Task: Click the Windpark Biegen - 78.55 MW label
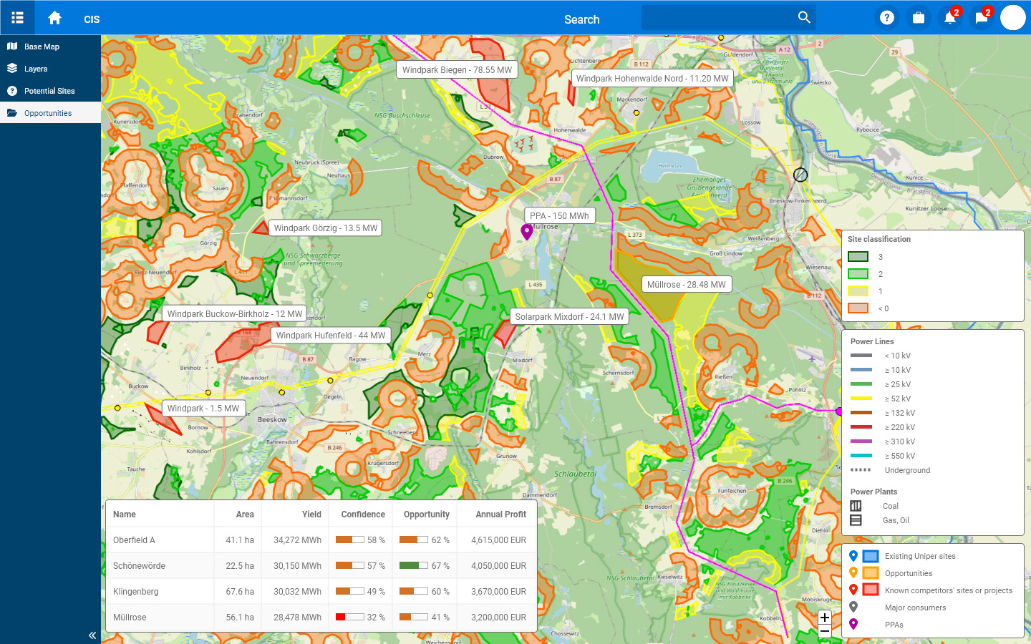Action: point(457,70)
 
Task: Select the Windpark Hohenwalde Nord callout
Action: point(652,79)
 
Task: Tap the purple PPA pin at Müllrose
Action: point(526,231)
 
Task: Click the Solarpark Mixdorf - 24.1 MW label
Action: point(569,317)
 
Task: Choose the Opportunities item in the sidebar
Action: point(48,113)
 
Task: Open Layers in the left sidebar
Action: point(36,69)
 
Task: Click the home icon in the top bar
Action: point(54,19)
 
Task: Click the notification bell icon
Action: point(949,18)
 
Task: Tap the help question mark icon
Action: point(886,18)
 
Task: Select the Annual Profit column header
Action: point(500,514)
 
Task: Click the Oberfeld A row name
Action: point(134,540)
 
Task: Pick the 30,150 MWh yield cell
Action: point(297,566)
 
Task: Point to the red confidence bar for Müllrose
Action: point(342,617)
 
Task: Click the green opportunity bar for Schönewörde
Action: point(410,565)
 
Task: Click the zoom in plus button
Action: point(825,618)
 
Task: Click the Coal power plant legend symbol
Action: point(856,506)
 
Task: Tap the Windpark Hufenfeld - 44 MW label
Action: point(330,336)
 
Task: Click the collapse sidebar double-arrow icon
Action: point(92,635)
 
